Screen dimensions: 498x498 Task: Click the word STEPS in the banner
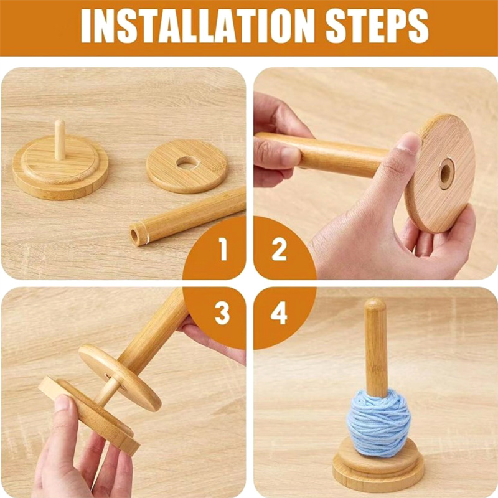click(377, 26)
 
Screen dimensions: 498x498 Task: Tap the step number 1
click(223, 250)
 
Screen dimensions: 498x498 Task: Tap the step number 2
click(279, 250)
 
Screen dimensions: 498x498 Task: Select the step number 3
click(222, 313)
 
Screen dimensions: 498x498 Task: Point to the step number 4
click(279, 313)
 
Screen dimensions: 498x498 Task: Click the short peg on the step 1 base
click(59, 139)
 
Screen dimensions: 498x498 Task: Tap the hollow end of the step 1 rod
click(135, 235)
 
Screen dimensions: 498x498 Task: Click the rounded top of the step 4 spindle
click(375, 306)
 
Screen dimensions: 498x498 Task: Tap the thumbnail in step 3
click(63, 405)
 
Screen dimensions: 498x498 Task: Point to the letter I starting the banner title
click(87, 26)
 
